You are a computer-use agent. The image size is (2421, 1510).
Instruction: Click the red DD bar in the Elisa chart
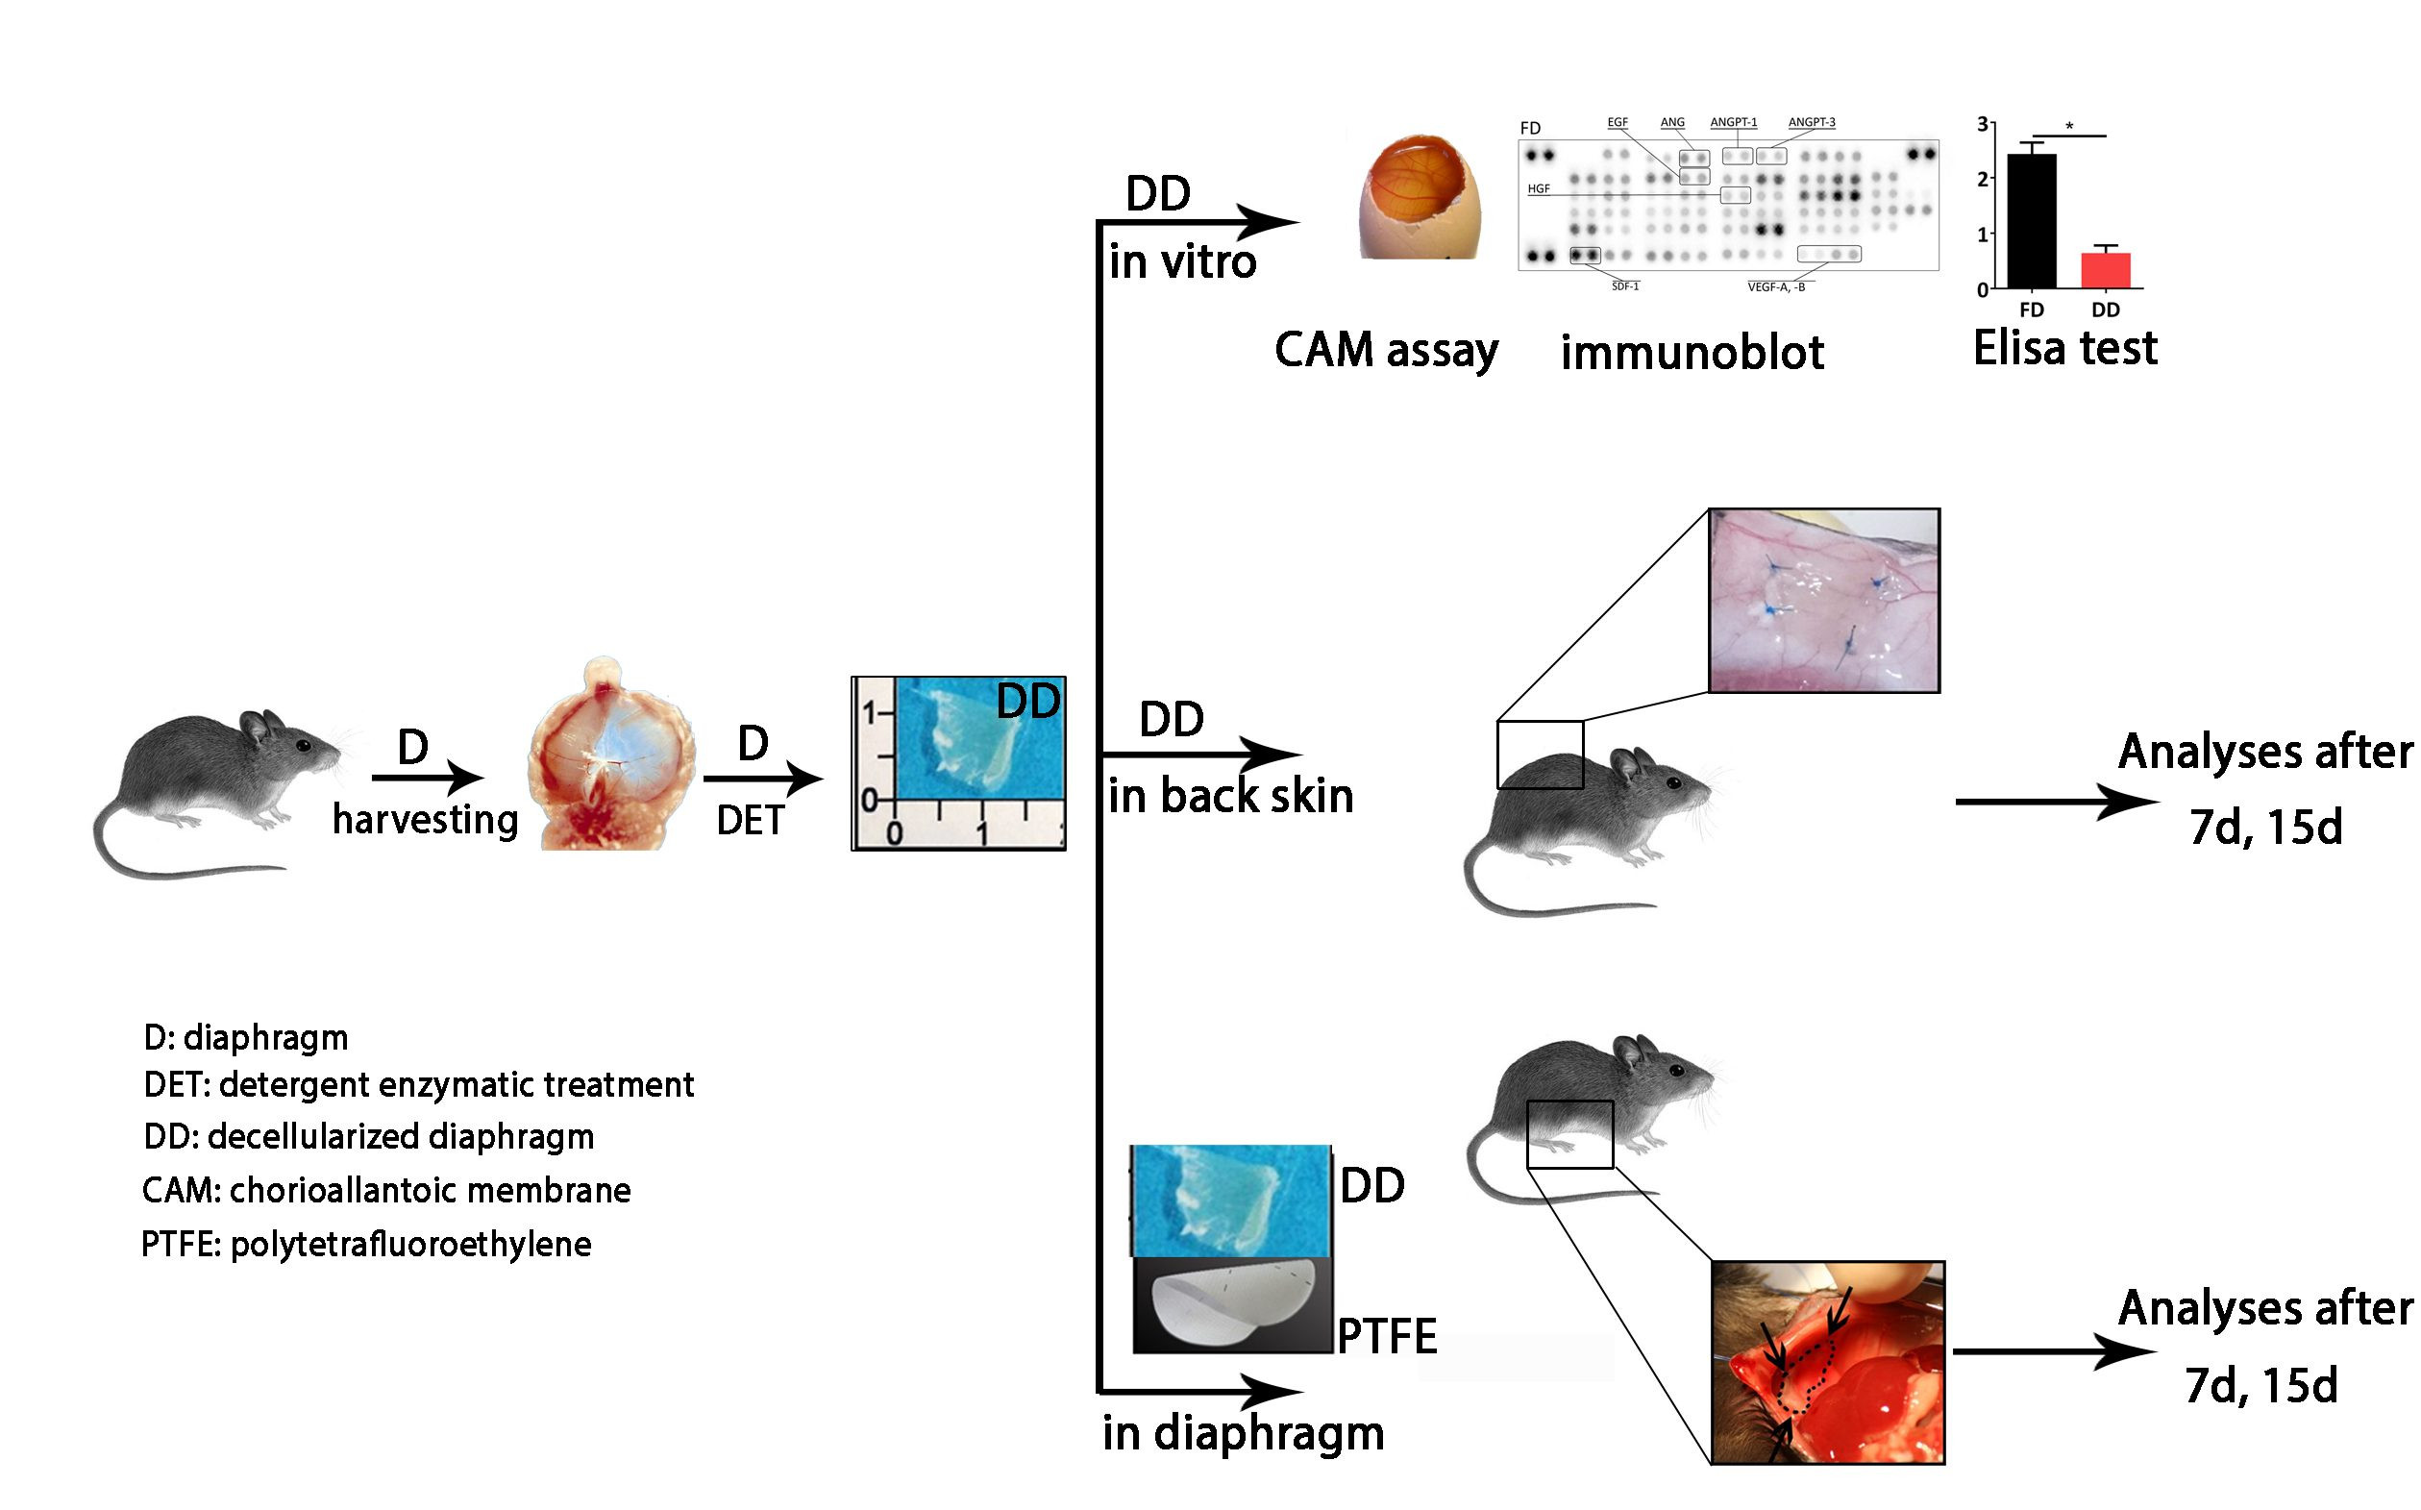tap(2106, 271)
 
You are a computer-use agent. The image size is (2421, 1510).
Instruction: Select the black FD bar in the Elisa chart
tap(2031, 222)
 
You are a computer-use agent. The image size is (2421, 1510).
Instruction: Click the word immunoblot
tap(1692, 353)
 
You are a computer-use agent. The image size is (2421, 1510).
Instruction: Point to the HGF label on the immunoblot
tap(1539, 188)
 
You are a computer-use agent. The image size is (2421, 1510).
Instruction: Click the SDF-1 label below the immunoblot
tap(1624, 286)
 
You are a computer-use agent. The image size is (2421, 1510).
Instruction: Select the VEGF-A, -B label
tap(1776, 287)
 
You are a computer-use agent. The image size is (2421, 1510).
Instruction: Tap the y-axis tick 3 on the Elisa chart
tap(1983, 124)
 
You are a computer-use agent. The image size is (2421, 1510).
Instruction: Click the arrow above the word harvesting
tap(428, 777)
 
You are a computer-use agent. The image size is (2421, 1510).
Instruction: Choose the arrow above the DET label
tap(762, 778)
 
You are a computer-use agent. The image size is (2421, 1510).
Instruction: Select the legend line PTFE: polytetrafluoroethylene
tap(366, 1245)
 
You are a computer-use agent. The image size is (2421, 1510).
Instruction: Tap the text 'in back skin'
tap(1230, 796)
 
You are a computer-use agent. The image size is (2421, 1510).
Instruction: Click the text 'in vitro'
tap(1182, 261)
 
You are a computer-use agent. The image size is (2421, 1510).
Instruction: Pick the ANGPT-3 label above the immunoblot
tap(1811, 123)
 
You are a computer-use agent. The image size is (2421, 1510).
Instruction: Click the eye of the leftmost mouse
tap(303, 745)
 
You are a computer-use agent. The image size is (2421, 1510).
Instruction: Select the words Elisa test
tap(2064, 349)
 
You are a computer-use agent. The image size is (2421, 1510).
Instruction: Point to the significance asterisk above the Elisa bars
tap(2069, 127)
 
